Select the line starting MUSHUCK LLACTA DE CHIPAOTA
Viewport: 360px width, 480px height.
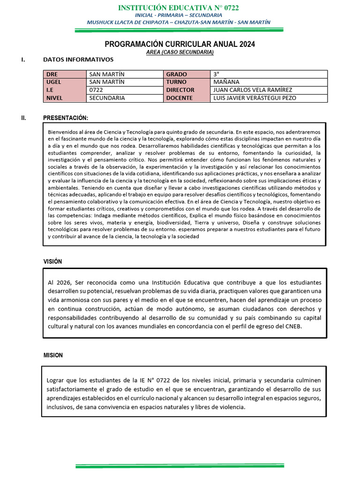(179, 22)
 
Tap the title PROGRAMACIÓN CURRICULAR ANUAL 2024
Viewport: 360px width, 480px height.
(180, 44)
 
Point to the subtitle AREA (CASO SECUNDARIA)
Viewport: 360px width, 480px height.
(180, 52)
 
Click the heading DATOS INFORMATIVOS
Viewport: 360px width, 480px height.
(78, 60)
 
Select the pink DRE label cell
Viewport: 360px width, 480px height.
(64, 74)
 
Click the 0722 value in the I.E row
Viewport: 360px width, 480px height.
(96, 90)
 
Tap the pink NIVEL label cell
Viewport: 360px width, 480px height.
(64, 98)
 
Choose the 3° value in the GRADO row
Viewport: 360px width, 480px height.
(216, 74)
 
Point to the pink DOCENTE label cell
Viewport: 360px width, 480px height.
(186, 98)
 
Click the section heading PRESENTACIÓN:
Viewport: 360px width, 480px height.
(65, 118)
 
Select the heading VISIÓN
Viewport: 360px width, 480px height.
(52, 262)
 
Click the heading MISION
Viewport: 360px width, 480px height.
(53, 355)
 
